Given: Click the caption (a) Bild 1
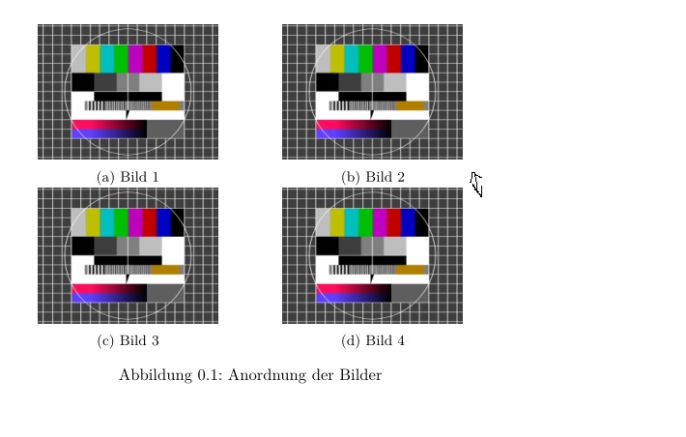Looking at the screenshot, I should (x=128, y=177).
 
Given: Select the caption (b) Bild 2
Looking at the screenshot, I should (x=373, y=177).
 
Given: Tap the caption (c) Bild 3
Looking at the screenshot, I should (x=128, y=340).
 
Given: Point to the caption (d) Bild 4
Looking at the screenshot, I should (x=373, y=340).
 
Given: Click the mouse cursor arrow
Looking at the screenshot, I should (x=475, y=182).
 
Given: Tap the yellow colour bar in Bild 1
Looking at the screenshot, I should (x=93, y=58).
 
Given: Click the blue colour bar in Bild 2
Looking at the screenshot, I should (x=408, y=58).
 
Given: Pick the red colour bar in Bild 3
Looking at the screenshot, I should (x=149, y=221).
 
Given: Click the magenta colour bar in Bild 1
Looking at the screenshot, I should (x=135, y=58).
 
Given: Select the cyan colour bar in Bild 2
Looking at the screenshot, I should (x=352, y=58).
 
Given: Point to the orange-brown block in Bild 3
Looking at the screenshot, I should (x=165, y=269).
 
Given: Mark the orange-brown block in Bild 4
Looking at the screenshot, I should (x=410, y=269).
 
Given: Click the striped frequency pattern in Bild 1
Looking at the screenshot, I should (x=117, y=105).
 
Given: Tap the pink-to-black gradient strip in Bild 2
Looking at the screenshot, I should (x=354, y=124).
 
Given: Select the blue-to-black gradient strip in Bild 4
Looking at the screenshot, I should (x=354, y=296).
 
